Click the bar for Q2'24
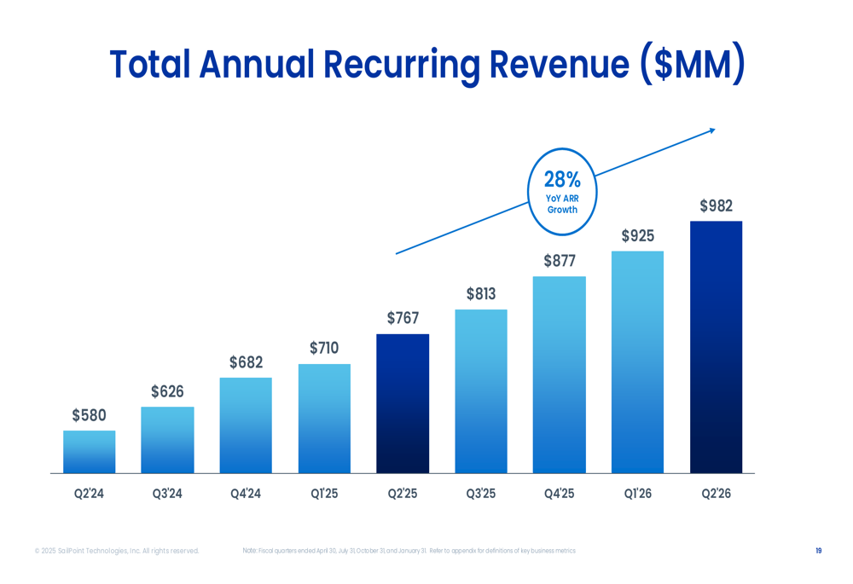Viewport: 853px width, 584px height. [89, 452]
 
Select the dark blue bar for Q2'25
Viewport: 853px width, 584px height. [403, 403]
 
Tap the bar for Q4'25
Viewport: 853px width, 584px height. [560, 375]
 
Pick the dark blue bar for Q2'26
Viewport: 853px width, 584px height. [716, 347]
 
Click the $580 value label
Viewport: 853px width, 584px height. [89, 416]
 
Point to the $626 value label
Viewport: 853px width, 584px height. [167, 392]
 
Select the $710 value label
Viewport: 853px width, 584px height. [324, 349]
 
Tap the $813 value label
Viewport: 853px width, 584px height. [481, 295]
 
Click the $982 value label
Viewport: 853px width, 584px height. [716, 206]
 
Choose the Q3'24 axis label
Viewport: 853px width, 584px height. [167, 494]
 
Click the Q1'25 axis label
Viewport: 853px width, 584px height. [324, 494]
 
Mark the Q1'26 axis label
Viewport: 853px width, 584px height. [637, 494]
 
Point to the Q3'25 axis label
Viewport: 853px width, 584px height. [481, 494]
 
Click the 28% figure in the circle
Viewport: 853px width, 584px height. [562, 180]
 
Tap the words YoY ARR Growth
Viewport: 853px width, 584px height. [562, 204]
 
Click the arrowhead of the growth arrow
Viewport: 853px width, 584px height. [711, 130]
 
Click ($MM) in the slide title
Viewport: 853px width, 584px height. [692, 65]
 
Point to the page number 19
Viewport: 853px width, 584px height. [818, 551]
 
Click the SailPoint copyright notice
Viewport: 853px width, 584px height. [117, 551]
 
